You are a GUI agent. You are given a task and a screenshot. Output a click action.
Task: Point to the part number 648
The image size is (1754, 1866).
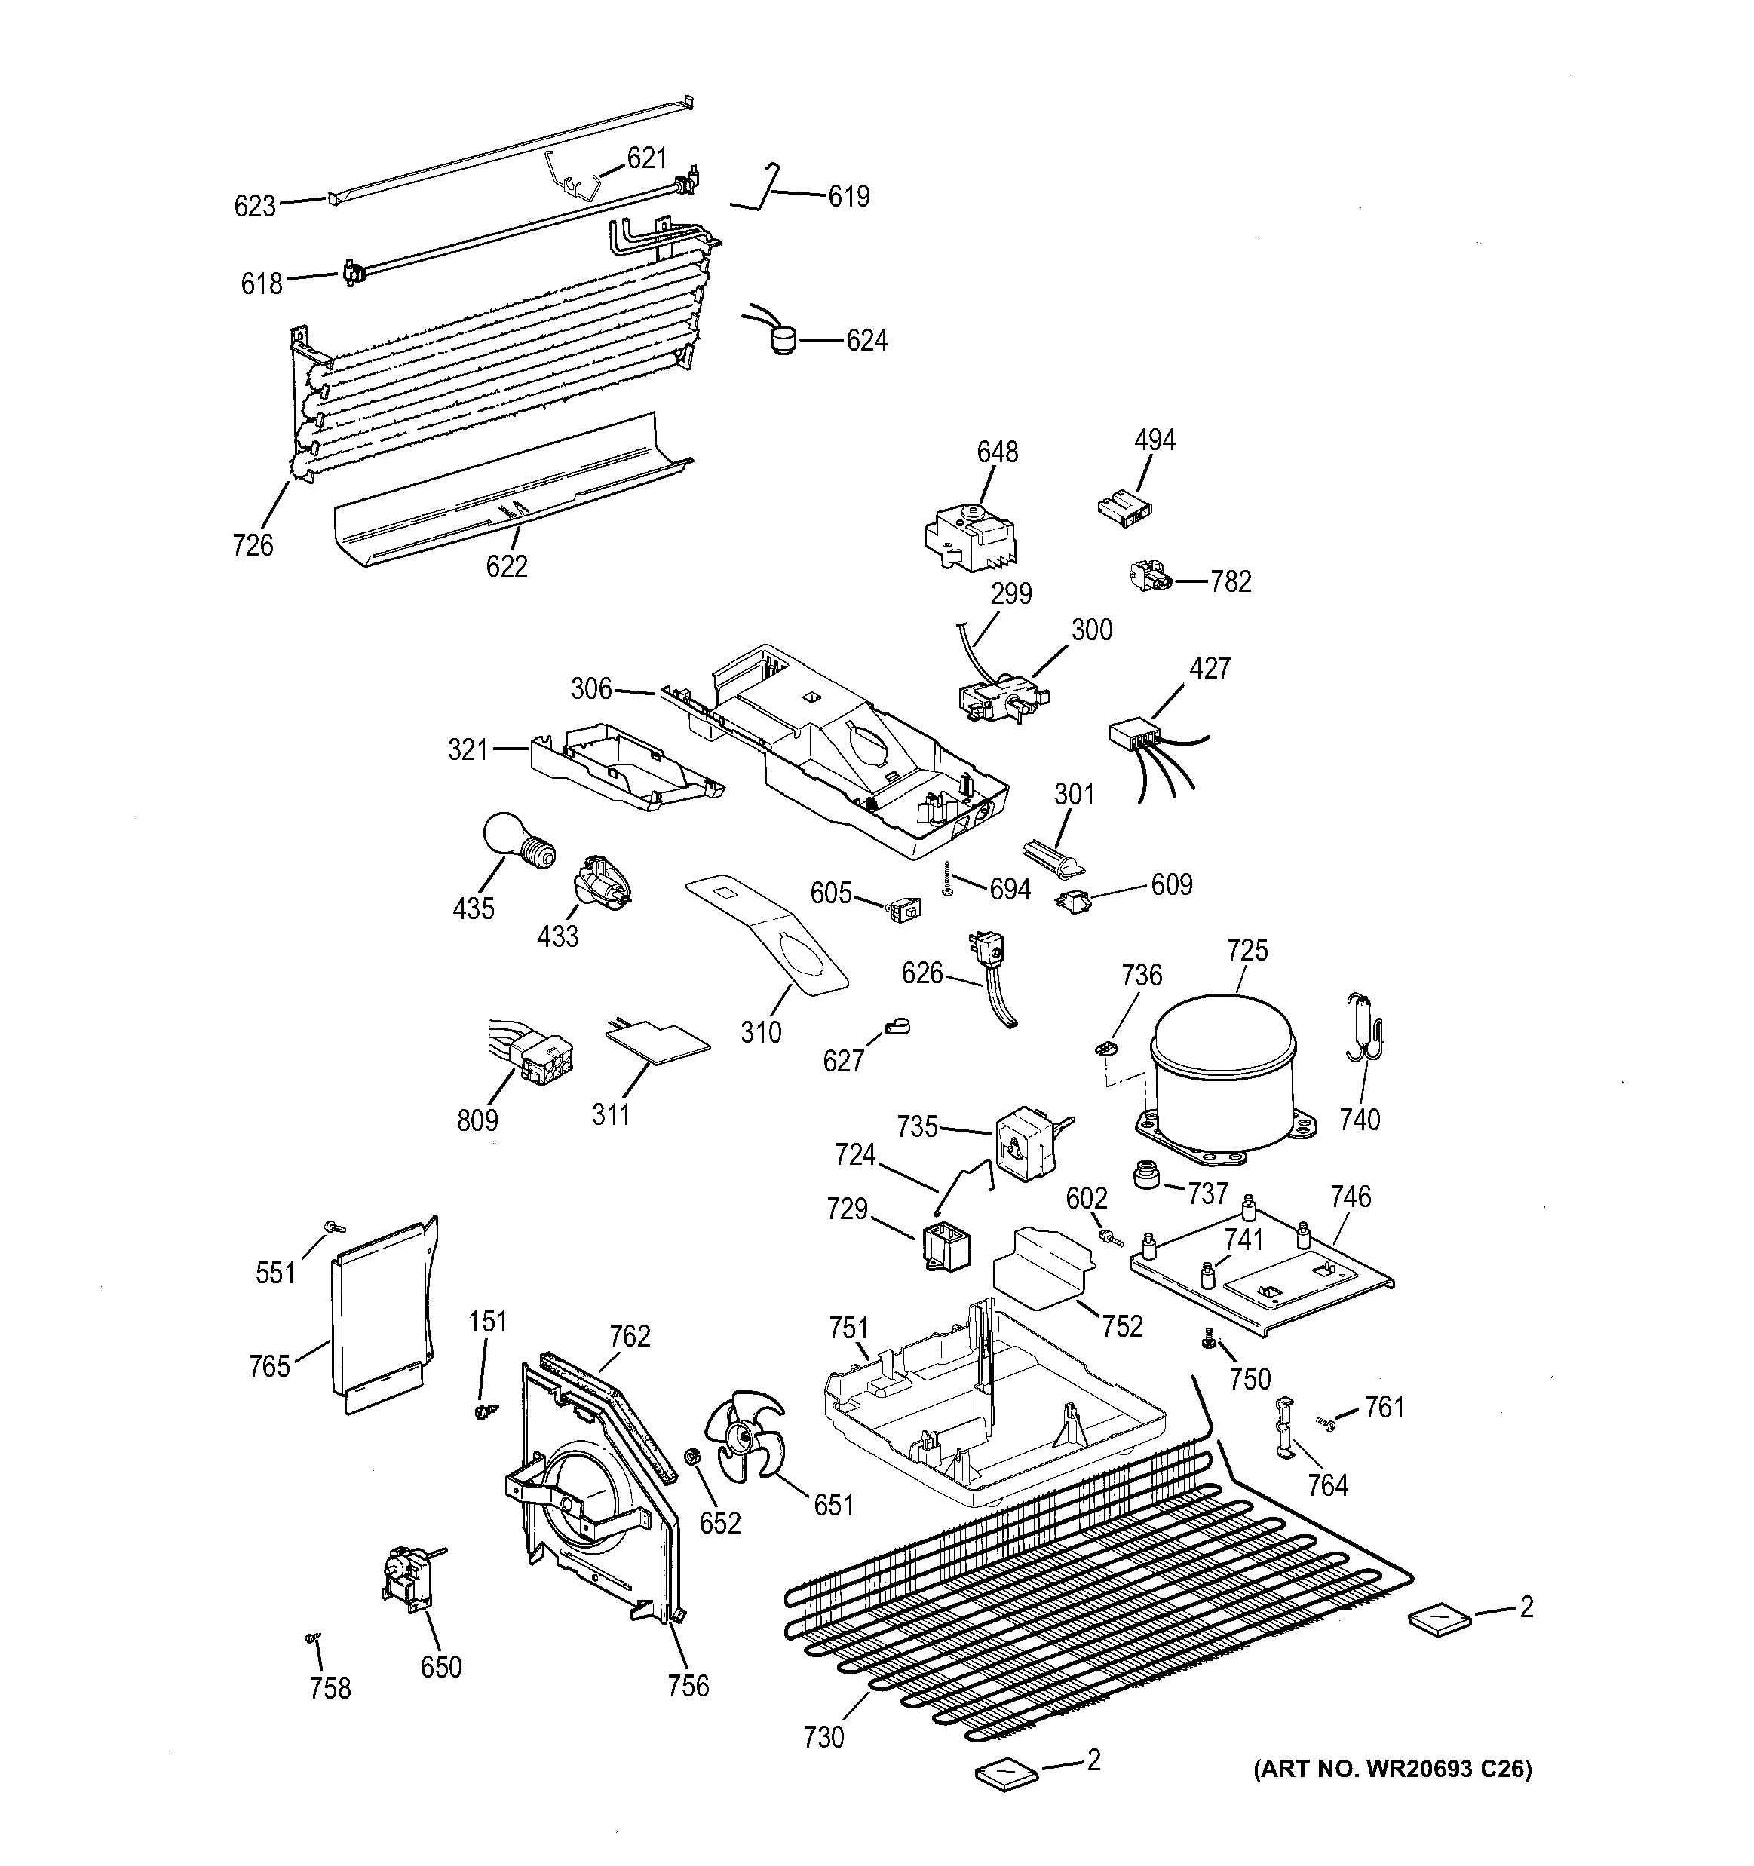tap(996, 452)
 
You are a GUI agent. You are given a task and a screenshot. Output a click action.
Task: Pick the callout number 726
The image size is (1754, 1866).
tap(253, 544)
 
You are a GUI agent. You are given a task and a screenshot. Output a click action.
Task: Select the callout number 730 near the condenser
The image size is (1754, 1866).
tap(823, 1737)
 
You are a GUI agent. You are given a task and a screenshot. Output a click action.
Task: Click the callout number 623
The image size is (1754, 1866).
tap(254, 206)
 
